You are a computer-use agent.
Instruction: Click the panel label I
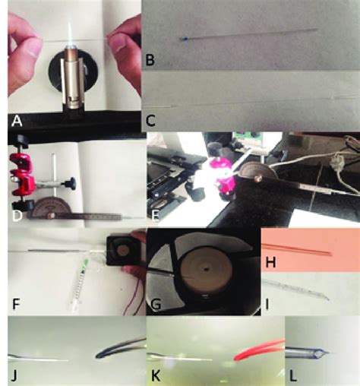(x=269, y=306)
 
